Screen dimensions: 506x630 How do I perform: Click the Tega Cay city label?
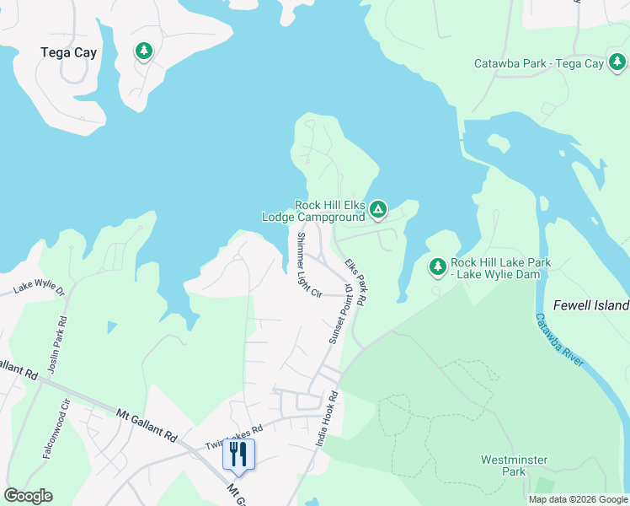click(x=68, y=52)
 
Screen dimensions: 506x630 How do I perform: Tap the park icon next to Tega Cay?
click(x=144, y=51)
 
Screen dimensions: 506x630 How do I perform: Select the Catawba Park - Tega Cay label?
click(x=538, y=63)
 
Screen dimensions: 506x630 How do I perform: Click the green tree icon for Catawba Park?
click(x=617, y=62)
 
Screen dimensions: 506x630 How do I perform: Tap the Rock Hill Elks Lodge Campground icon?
click(x=378, y=208)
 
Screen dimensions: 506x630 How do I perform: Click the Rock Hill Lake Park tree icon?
click(x=437, y=267)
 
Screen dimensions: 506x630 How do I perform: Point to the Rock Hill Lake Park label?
click(x=500, y=269)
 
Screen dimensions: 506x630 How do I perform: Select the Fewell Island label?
click(x=590, y=305)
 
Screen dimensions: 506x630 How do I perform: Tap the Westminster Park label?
click(x=514, y=466)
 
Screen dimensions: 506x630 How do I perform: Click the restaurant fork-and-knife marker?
click(x=238, y=455)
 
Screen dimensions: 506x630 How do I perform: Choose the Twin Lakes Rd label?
click(x=234, y=437)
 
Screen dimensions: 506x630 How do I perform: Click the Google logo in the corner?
click(x=28, y=496)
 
